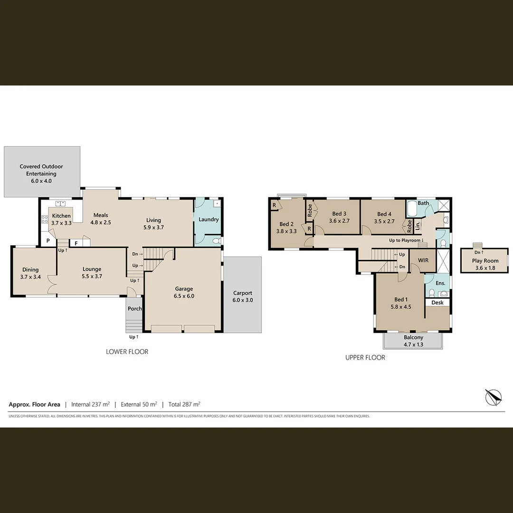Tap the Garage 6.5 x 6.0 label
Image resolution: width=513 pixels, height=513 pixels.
[x=184, y=292]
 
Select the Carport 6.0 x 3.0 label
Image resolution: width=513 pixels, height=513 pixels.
[x=242, y=296]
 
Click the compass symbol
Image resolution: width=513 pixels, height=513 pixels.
[x=493, y=396]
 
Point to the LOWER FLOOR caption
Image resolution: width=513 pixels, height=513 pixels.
[x=127, y=352]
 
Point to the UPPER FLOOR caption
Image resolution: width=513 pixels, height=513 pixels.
[x=365, y=357]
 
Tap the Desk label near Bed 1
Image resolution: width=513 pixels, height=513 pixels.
[x=437, y=303]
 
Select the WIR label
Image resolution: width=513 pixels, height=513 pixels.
[x=423, y=261]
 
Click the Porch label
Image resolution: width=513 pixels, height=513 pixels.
[x=135, y=309]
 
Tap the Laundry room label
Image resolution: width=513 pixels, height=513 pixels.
[x=209, y=219]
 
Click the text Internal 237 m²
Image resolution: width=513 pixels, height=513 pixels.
[x=90, y=405]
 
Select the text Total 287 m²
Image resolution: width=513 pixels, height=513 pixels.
[x=184, y=405]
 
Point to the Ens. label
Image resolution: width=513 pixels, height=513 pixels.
[x=440, y=284]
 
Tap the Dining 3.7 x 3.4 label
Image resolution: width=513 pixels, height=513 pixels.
[x=29, y=273]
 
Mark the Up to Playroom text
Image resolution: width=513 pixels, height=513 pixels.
[x=406, y=240]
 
